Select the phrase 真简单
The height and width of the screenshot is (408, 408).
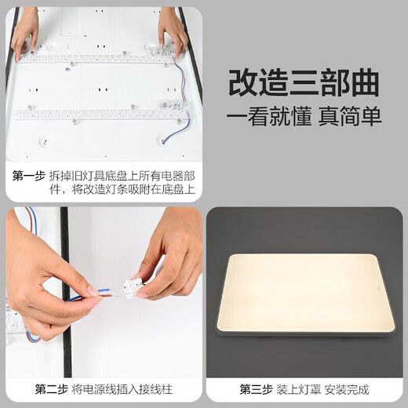pyautogui.click(x=351, y=117)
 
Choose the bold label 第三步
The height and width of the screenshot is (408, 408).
pyautogui.click(x=256, y=388)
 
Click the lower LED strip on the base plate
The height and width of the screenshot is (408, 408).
pyautogui.click(x=102, y=114)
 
